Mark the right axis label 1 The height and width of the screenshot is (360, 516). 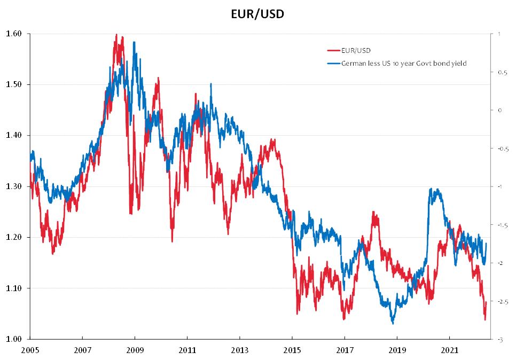click(498, 34)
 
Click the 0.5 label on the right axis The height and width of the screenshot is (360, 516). click(501, 72)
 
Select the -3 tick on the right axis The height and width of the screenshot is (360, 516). click(499, 340)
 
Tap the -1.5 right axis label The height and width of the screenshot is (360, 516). click(502, 225)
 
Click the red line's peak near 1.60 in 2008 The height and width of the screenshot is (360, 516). click(116, 35)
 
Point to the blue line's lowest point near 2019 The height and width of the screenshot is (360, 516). click(393, 323)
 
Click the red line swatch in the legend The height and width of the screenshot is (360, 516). click(333, 51)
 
